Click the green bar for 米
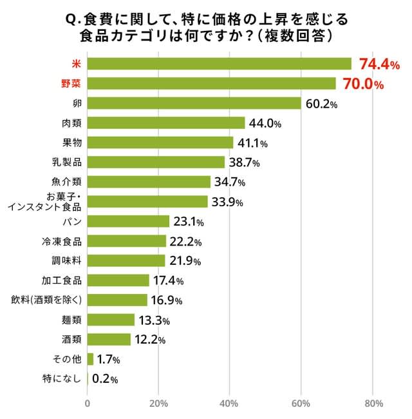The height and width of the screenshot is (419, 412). (x=219, y=64)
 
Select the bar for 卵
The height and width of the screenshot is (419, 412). (x=194, y=103)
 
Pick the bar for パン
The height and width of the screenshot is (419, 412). (x=128, y=221)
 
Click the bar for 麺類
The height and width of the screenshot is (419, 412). (x=111, y=320)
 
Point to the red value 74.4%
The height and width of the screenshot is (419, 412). (x=379, y=64)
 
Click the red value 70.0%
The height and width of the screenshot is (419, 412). (x=364, y=84)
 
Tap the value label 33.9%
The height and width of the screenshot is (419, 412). (x=227, y=203)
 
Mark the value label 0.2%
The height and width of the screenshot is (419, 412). (x=105, y=379)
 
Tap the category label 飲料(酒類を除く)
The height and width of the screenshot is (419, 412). (x=46, y=300)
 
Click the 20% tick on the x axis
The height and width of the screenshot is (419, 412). (x=158, y=404)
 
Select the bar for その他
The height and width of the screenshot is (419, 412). (x=90, y=359)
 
